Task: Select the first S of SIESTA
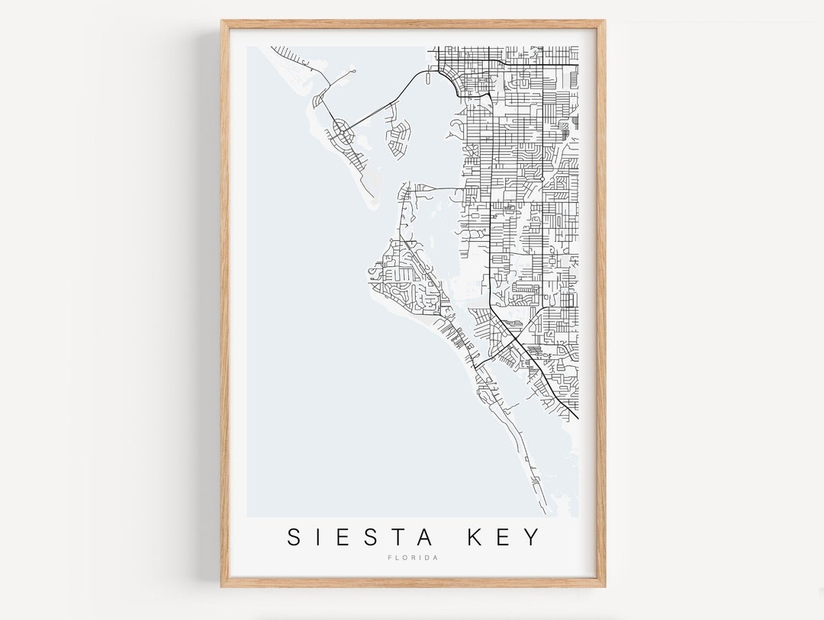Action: click(294, 537)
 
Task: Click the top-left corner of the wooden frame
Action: click(223, 21)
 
